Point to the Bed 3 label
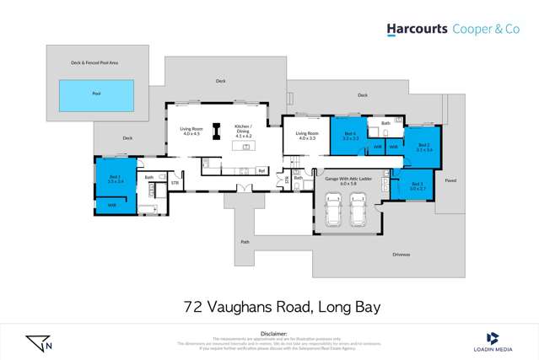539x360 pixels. [x=417, y=185]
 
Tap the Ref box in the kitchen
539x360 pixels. [x=261, y=171]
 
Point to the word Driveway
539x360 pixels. [x=402, y=253]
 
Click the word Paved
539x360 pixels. [x=450, y=180]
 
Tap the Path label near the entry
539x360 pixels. [x=245, y=242]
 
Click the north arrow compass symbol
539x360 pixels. [x=38, y=343]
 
